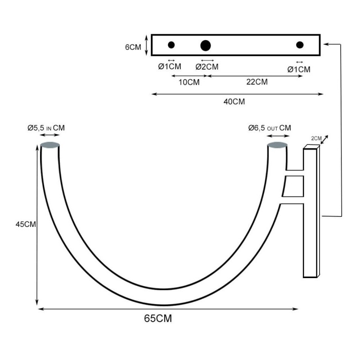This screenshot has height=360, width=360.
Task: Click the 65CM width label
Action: pyautogui.click(x=158, y=319)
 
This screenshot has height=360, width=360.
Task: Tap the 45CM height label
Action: pyautogui.click(x=26, y=224)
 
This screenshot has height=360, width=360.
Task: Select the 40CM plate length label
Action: pyautogui.click(x=234, y=102)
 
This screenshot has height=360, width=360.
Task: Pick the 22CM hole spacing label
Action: pyautogui.click(x=257, y=82)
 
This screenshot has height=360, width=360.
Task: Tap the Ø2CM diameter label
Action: pyautogui.click(x=207, y=67)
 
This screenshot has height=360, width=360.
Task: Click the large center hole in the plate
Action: pyautogui.click(x=206, y=45)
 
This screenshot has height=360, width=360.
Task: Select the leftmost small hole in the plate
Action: pyautogui.click(x=171, y=45)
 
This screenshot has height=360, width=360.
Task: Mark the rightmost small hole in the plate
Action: pyautogui.click(x=300, y=45)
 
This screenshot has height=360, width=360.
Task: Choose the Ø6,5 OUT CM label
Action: pyautogui.click(x=270, y=128)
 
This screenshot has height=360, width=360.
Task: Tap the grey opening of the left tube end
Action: pyautogui.click(x=49, y=145)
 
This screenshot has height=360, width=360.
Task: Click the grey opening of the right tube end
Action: pyautogui.click(x=277, y=145)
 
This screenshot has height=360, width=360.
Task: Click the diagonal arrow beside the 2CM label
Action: pyautogui.click(x=324, y=139)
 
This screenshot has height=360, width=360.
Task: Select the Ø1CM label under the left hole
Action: pyautogui.click(x=170, y=67)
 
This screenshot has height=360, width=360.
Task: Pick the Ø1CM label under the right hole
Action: pyautogui.click(x=299, y=69)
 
